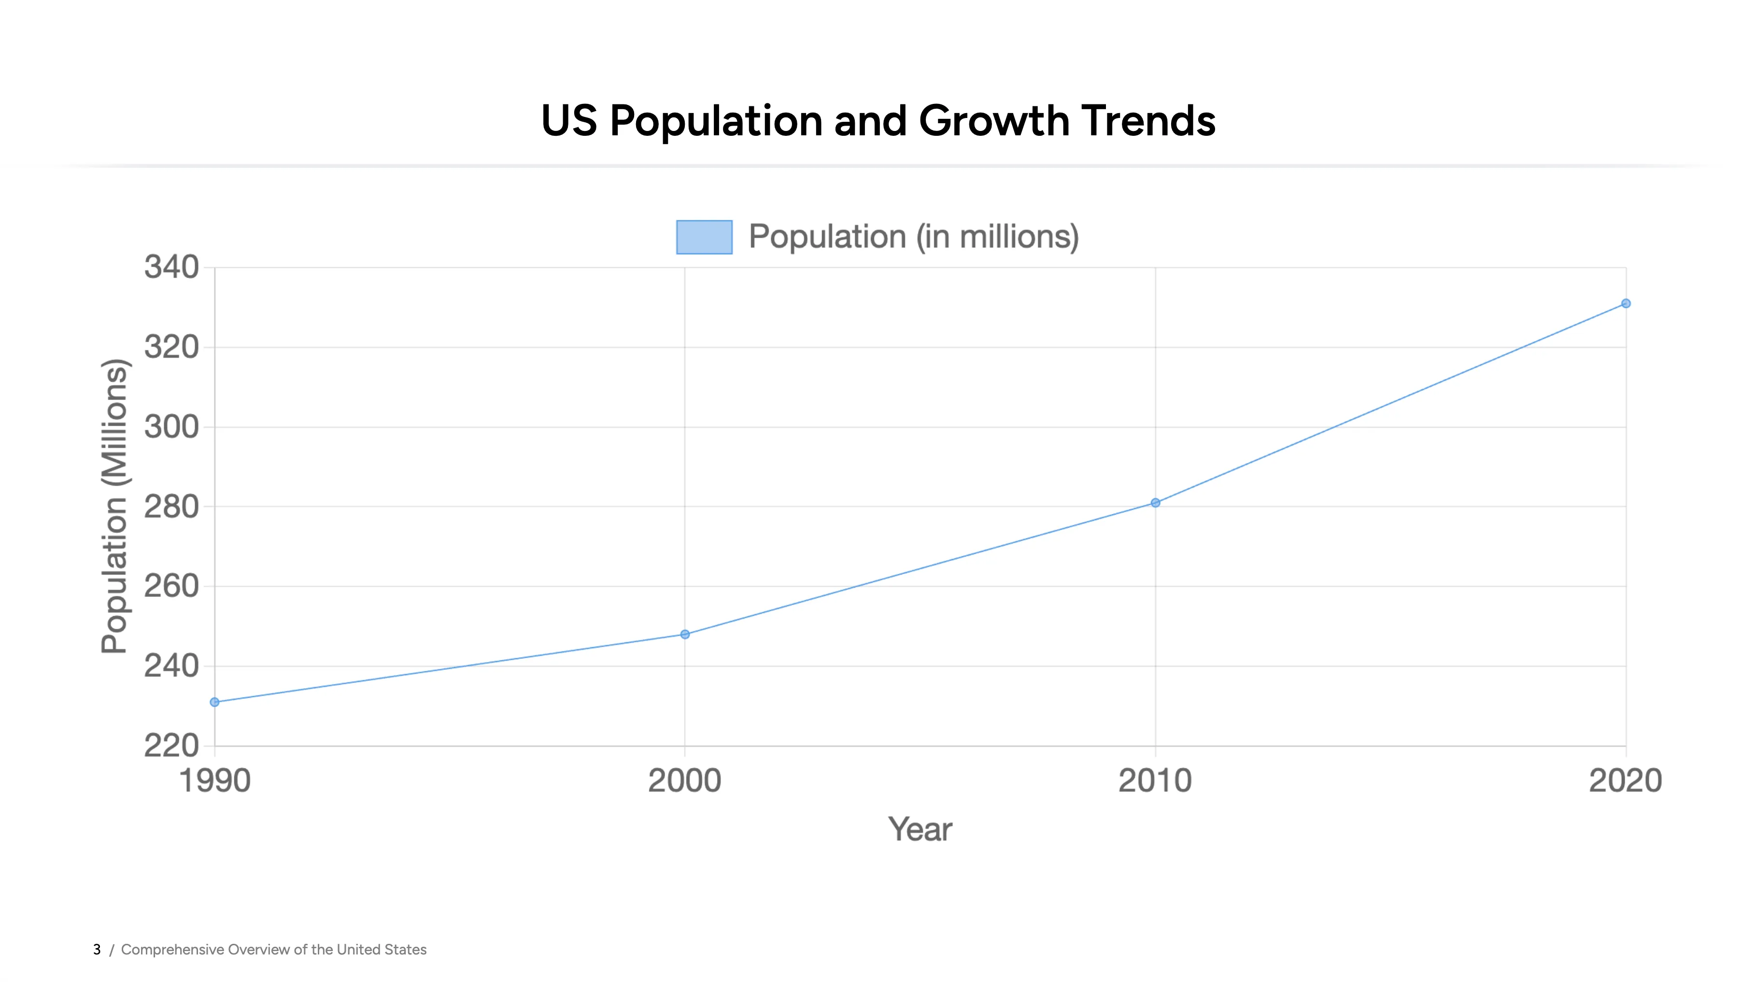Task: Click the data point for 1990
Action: pos(215,702)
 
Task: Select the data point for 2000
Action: pos(685,634)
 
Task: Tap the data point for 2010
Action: pos(1155,503)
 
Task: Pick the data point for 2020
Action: pos(1626,303)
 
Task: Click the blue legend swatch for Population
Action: pos(704,237)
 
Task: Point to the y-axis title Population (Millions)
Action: pos(114,506)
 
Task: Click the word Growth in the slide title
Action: pos(994,121)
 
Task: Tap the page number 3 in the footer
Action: pos(97,949)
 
